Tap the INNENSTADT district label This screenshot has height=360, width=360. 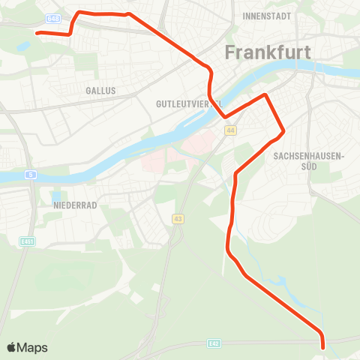[266, 15]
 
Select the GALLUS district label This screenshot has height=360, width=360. [101, 90]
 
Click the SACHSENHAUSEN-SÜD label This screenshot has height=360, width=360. [308, 161]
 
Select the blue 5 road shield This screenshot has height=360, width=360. [31, 175]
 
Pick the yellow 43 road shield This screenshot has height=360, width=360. [178, 219]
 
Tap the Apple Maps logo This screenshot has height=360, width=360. [27, 347]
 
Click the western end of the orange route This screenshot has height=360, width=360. [37, 33]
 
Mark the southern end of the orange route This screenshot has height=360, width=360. [323, 346]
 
